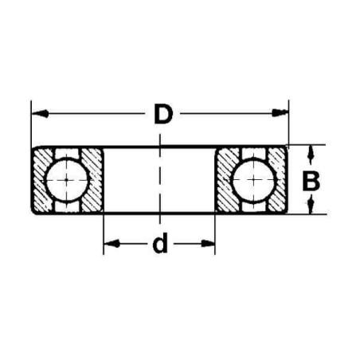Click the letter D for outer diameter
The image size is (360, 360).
[x=162, y=115]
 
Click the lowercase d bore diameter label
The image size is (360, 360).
[x=160, y=244]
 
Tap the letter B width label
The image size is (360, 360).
[x=311, y=181]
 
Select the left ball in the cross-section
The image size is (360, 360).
[x=67, y=181]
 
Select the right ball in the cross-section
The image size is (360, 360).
[x=252, y=181]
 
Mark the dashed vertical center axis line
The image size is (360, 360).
[x=160, y=179]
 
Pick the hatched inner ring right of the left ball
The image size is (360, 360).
[x=95, y=181]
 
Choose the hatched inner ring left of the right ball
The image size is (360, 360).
[x=225, y=181]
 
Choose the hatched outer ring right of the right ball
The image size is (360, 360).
[x=280, y=181]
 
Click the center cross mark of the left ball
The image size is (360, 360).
[x=67, y=181]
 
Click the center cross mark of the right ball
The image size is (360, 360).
[x=252, y=181]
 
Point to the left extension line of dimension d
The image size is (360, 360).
[x=104, y=231]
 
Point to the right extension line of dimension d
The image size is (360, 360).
[x=216, y=231]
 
